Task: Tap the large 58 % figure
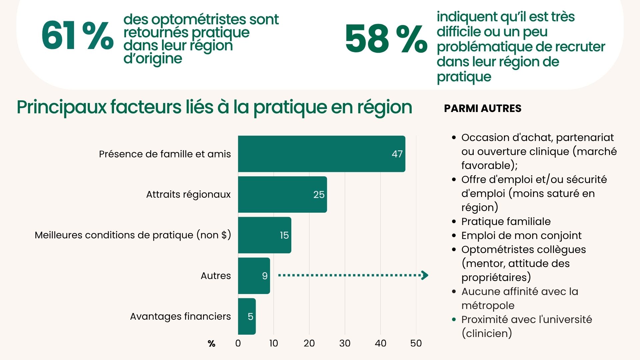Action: pyautogui.click(x=386, y=39)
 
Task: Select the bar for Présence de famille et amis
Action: pyautogui.click(x=321, y=154)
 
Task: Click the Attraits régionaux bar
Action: pyautogui.click(x=282, y=194)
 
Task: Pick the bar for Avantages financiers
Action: pyautogui.click(x=247, y=316)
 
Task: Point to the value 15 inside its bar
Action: pyautogui.click(x=284, y=235)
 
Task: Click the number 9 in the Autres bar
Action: pyautogui.click(x=265, y=276)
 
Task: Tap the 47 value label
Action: pyautogui.click(x=397, y=154)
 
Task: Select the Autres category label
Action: pyautogui.click(x=216, y=276)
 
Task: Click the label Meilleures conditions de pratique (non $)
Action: pyautogui.click(x=133, y=235)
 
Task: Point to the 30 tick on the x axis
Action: pyautogui.click(x=345, y=343)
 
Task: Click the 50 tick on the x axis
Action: pyautogui.click(x=416, y=343)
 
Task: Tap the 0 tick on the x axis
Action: pyautogui.click(x=238, y=343)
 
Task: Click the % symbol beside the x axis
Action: pyautogui.click(x=211, y=344)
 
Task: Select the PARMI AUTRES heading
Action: pyautogui.click(x=483, y=108)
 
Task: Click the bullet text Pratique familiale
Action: pyautogui.click(x=506, y=221)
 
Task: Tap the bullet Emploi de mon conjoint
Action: pyautogui.click(x=521, y=235)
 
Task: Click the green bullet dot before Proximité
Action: pyautogui.click(x=454, y=319)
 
